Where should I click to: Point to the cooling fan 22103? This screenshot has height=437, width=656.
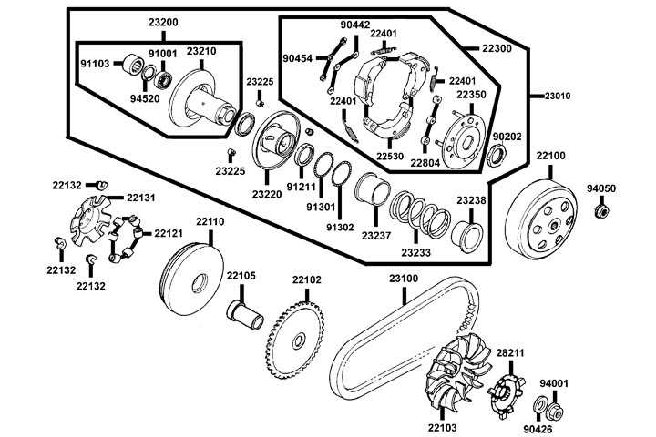pos(453,380)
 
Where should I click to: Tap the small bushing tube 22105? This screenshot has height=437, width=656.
pos(246,314)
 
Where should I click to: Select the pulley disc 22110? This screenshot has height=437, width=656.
pos(191,278)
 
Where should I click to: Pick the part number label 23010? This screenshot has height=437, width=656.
pos(559,95)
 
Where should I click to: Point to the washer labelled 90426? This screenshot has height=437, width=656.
pos(540,405)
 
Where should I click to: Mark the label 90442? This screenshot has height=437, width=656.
pos(354,25)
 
